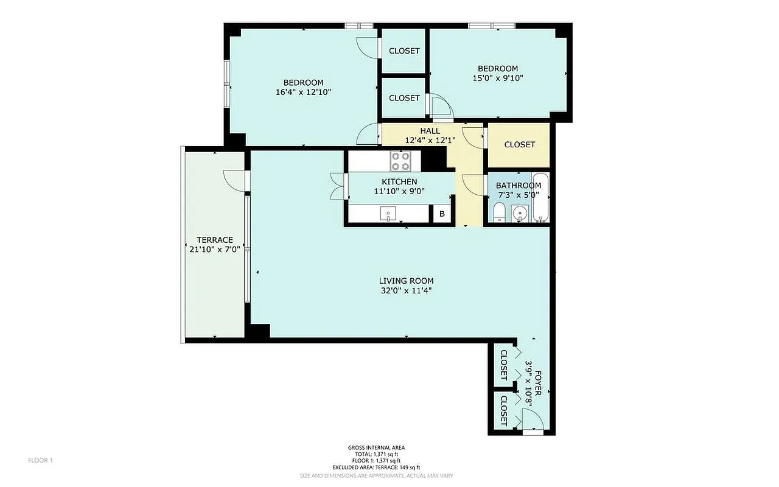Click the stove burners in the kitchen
(400, 161)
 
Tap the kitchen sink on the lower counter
(388, 214)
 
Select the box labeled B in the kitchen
(442, 214)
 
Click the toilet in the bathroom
(499, 212)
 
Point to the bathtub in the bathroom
(540, 198)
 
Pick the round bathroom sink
(519, 214)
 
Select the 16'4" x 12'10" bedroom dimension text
(303, 92)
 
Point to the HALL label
(430, 131)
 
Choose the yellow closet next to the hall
(519, 145)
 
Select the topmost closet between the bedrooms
(404, 51)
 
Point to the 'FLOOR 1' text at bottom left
(41, 460)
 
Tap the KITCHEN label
(399, 182)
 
